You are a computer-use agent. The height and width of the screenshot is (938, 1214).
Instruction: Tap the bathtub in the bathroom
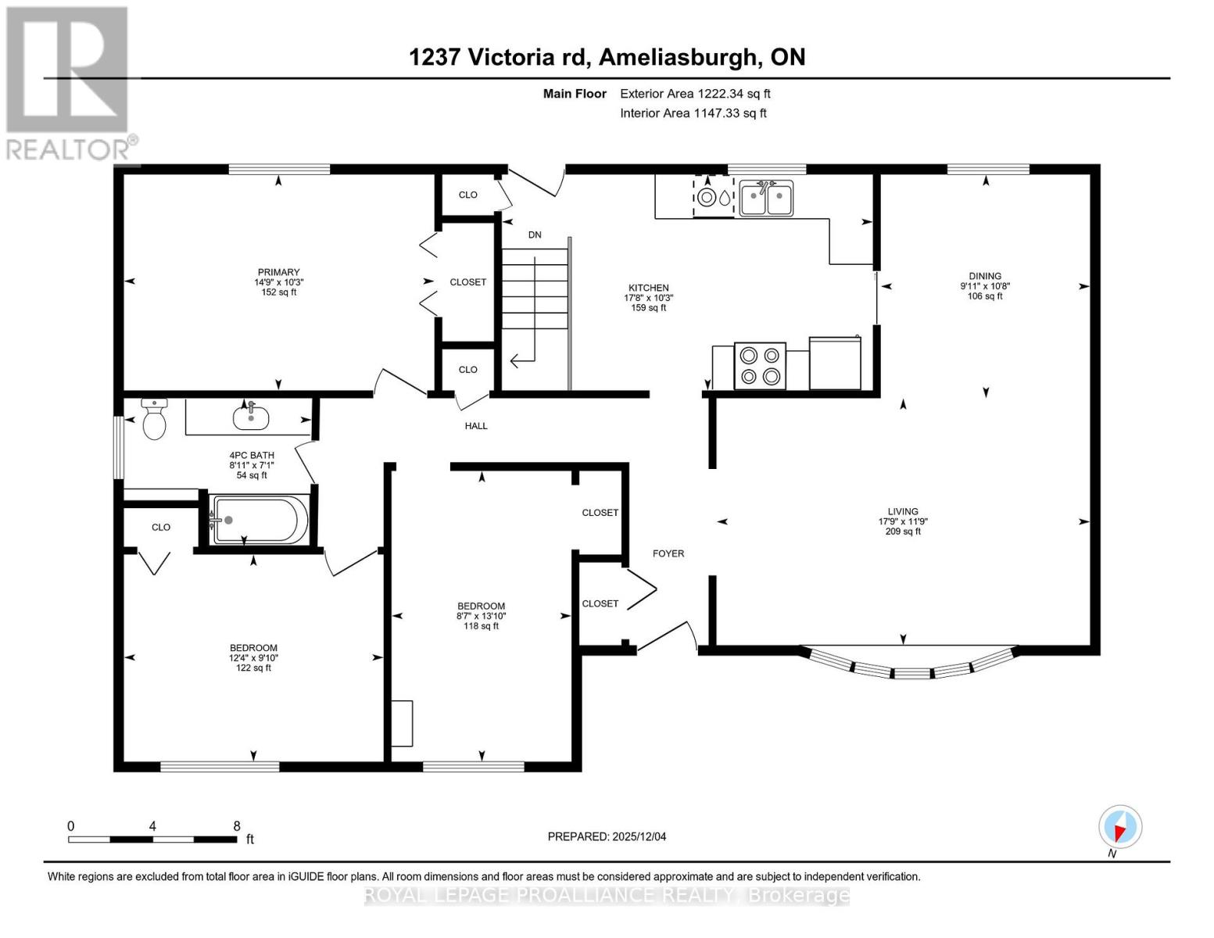pyautogui.click(x=259, y=520)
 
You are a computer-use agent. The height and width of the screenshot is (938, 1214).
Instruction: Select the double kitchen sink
pyautogui.click(x=766, y=198)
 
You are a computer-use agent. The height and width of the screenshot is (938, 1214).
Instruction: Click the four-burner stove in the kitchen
pyautogui.click(x=760, y=365)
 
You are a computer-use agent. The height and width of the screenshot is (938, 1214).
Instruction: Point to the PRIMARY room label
pyautogui.click(x=278, y=272)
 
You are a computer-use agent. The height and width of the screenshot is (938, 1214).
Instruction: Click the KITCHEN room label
pyautogui.click(x=648, y=288)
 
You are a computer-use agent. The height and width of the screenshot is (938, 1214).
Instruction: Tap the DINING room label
pyautogui.click(x=985, y=276)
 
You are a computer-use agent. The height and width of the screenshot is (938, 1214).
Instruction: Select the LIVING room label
pyautogui.click(x=903, y=511)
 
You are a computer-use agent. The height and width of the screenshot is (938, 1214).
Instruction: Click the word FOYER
pyautogui.click(x=668, y=553)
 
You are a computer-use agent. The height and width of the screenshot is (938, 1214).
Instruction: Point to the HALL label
pyautogui.click(x=476, y=426)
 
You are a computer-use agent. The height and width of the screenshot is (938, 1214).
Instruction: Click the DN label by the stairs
pyautogui.click(x=535, y=234)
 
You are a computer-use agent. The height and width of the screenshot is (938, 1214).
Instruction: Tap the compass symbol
pyautogui.click(x=1120, y=827)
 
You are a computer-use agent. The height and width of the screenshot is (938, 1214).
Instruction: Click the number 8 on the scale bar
pyautogui.click(x=237, y=825)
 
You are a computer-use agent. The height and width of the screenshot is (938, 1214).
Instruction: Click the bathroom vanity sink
pyautogui.click(x=251, y=417)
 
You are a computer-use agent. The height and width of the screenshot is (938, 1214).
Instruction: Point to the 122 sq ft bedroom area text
pyautogui.click(x=253, y=668)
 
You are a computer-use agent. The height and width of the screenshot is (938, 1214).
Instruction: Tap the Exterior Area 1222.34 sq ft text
pyautogui.click(x=695, y=94)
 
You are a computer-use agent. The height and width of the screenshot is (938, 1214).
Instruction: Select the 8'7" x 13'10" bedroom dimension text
pyautogui.click(x=481, y=616)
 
